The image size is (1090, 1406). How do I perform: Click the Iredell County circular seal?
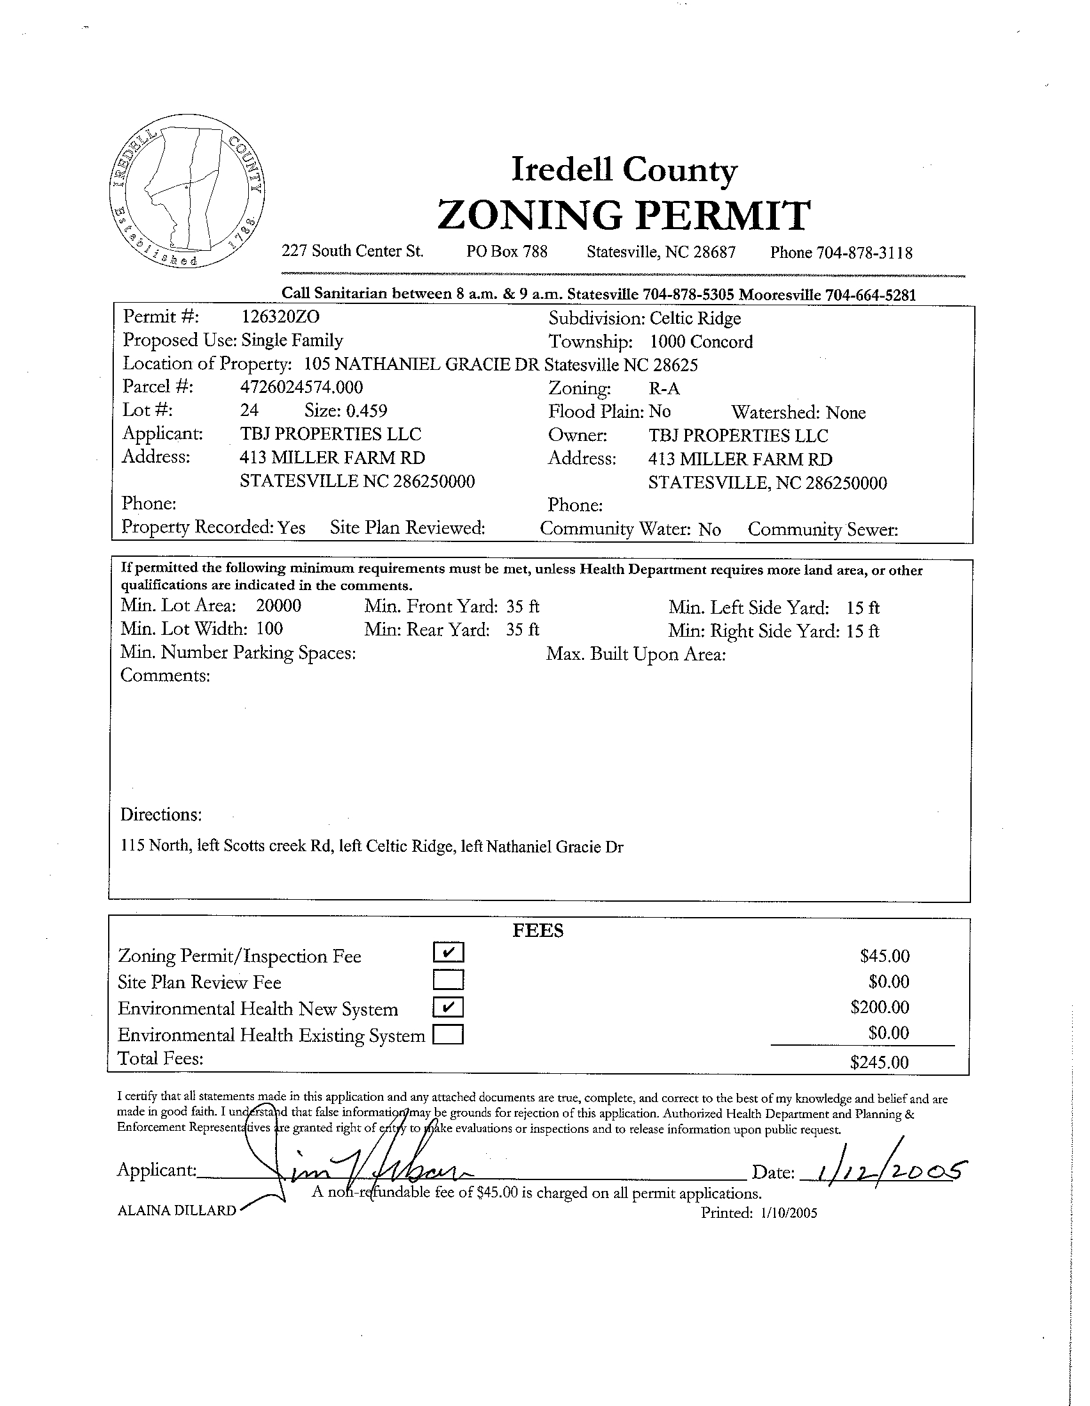187,191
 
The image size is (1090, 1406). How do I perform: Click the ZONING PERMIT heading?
624,215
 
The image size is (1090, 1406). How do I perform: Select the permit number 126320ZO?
280,317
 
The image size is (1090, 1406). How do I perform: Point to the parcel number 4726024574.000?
301,387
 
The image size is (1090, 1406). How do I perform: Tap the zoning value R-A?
664,389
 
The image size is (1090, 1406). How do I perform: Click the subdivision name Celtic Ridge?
695,319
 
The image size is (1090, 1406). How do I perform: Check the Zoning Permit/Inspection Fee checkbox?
448,952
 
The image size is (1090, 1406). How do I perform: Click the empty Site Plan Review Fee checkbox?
448,980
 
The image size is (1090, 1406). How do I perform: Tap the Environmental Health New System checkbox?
448,1007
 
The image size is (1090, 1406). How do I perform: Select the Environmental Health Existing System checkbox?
448,1035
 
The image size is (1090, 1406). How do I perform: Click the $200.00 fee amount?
880,1007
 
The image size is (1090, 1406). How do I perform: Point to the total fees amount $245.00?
879,1062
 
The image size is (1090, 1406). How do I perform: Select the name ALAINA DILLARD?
177,1210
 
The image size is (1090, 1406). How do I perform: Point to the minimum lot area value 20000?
279,606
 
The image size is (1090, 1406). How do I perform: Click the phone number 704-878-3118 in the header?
864,253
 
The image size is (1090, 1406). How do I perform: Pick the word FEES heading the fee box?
538,931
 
